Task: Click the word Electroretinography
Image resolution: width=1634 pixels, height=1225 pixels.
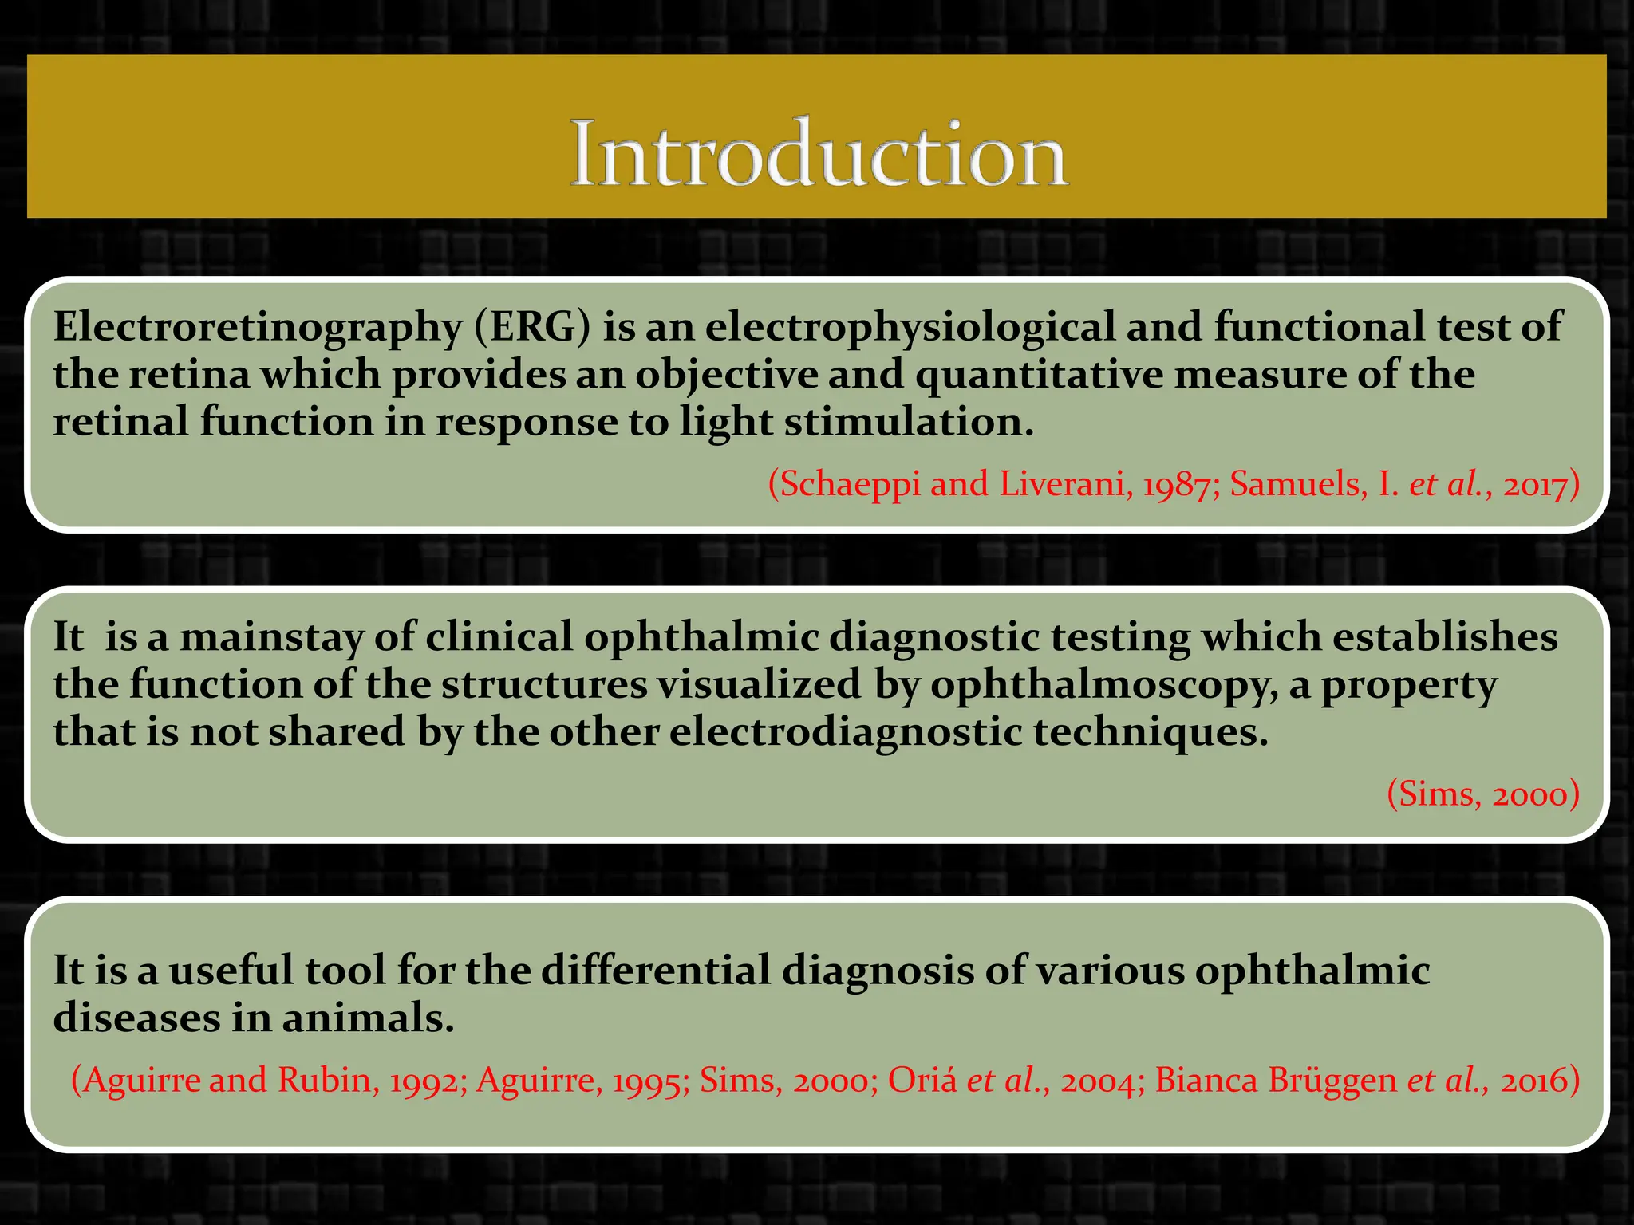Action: tap(258, 327)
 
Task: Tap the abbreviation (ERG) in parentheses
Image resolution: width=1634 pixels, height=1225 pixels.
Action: tap(532, 327)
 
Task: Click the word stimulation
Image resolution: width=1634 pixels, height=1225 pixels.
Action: tap(909, 422)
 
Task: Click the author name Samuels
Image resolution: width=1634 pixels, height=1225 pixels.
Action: tap(1297, 484)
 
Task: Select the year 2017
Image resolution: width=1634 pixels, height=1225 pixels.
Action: tap(1535, 484)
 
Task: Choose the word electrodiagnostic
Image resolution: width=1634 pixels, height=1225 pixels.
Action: tap(845, 732)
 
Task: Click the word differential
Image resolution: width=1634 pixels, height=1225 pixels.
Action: tap(657, 971)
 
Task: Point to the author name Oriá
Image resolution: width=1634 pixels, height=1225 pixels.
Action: tap(922, 1081)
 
